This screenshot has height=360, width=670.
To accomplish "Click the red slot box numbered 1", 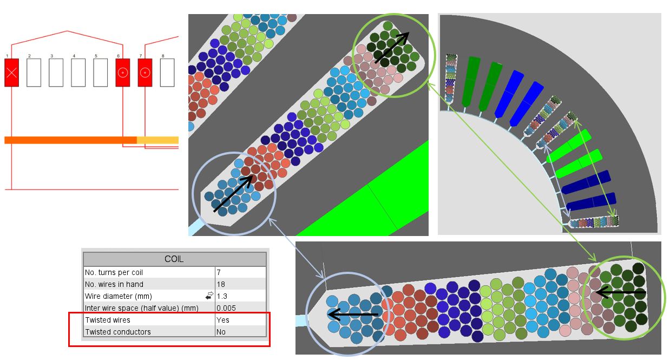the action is (12, 73).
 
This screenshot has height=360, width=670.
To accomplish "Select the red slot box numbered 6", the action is (123, 73).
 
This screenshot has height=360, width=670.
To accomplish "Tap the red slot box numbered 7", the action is (145, 73).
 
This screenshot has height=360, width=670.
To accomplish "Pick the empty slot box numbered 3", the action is (56, 73).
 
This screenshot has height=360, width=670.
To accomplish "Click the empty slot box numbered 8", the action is (167, 73).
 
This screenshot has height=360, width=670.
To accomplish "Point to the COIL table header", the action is (175, 259).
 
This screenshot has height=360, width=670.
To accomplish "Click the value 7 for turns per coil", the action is (219, 272).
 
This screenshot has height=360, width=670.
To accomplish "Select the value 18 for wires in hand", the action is (221, 284).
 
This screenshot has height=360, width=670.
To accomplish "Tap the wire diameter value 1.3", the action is (222, 296).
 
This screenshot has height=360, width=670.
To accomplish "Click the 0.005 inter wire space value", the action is (226, 308).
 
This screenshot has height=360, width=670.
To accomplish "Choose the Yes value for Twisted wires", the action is (223, 320).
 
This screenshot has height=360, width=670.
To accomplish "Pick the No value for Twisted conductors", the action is (221, 332).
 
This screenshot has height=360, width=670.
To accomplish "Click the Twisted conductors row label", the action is (118, 332).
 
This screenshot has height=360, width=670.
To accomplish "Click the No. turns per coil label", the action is (114, 272).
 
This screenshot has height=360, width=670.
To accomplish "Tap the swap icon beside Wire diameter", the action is (209, 296).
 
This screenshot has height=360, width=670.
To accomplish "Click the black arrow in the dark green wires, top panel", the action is (392, 48).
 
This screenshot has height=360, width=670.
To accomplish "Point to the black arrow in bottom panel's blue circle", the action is (353, 315).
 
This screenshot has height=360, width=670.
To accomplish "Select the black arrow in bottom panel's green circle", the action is (621, 292).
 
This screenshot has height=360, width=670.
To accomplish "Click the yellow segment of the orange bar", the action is (157, 140).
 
